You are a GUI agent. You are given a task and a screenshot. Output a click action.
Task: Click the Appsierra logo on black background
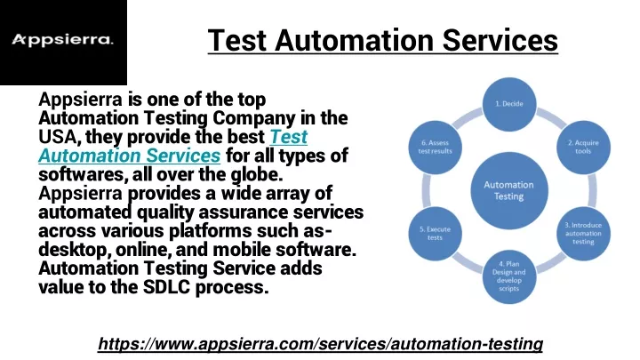pos(63,40)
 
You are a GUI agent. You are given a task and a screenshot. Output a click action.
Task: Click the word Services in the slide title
pos(500,40)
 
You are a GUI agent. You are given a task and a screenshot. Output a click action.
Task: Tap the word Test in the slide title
pos(236,40)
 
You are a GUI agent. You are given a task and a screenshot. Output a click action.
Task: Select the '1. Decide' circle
pos(509,104)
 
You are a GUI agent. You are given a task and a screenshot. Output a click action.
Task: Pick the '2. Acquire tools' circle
pos(583,147)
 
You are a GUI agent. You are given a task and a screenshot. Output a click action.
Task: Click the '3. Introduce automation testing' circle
pos(583,233)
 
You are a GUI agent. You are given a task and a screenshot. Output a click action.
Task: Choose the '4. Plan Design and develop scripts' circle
pos(509,276)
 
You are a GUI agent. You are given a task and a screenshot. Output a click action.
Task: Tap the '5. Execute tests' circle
pos(435,233)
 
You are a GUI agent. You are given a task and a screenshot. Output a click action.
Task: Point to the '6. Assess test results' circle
pos(435,147)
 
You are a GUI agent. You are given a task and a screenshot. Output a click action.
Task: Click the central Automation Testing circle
pos(509,190)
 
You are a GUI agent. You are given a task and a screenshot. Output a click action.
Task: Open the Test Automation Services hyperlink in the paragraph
pos(173,146)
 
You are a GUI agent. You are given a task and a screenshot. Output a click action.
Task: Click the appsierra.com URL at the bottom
pos(320,344)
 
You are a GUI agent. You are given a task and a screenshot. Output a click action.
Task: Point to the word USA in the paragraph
pos(57,137)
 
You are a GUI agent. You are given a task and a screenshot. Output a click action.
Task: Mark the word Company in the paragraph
pos(253,118)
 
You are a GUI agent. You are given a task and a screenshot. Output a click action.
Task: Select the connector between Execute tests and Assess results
pos(426,190)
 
